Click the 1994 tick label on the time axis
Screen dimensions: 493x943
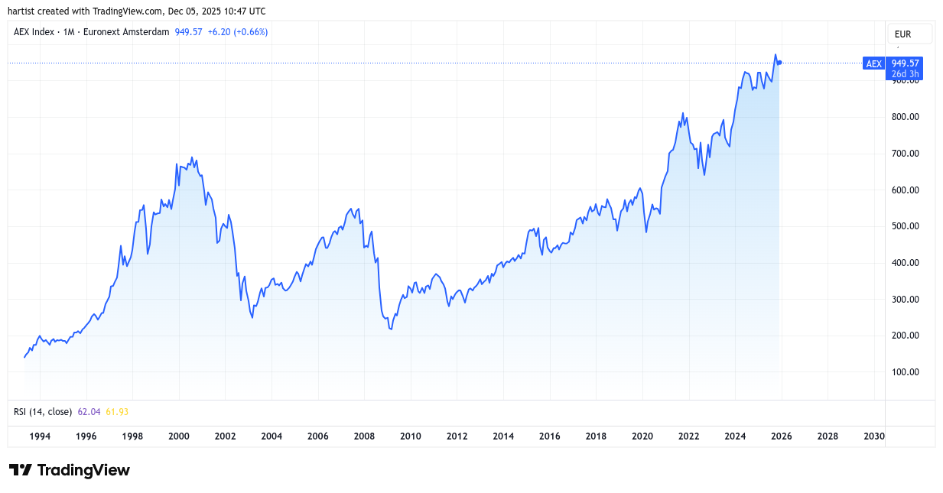(40, 436)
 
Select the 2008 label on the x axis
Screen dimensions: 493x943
(364, 436)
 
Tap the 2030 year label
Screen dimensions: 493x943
(874, 436)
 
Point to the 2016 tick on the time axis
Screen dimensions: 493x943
(549, 436)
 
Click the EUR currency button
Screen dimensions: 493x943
(909, 34)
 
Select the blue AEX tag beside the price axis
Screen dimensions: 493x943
(873, 64)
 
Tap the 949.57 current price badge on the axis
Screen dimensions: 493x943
(906, 63)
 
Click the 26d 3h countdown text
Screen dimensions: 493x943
(906, 74)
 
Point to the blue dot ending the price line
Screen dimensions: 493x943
(779, 63)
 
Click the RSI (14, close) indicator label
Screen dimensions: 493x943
(43, 412)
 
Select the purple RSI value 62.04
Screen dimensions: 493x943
(89, 412)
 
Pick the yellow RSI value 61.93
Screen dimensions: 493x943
(116, 412)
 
